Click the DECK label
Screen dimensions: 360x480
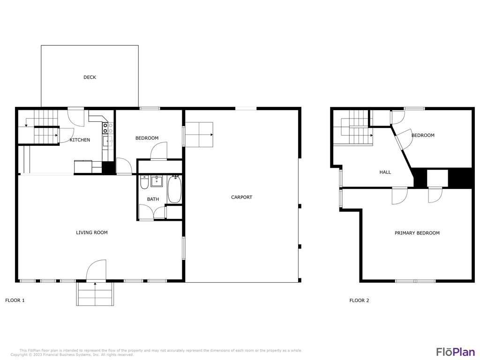coord(90,77)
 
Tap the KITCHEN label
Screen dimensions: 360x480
coord(80,140)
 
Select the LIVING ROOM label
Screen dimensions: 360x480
coord(92,232)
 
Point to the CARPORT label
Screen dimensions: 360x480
coord(241,197)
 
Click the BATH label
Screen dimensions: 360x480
coord(153,199)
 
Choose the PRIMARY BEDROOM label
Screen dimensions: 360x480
coord(417,233)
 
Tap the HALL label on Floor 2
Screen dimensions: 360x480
coord(385,172)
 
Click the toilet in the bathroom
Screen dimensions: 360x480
coord(144,181)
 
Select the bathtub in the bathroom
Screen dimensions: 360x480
coord(174,189)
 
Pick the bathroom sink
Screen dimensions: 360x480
coord(156,181)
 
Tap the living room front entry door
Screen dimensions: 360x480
coord(97,271)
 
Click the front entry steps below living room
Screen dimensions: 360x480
coord(95,294)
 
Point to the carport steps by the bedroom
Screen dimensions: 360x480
coord(199,134)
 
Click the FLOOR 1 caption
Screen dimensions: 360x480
coord(15,300)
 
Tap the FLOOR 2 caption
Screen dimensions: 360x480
coord(359,300)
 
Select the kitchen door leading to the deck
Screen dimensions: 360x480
coord(76,116)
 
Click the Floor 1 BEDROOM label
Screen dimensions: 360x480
coord(147,138)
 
